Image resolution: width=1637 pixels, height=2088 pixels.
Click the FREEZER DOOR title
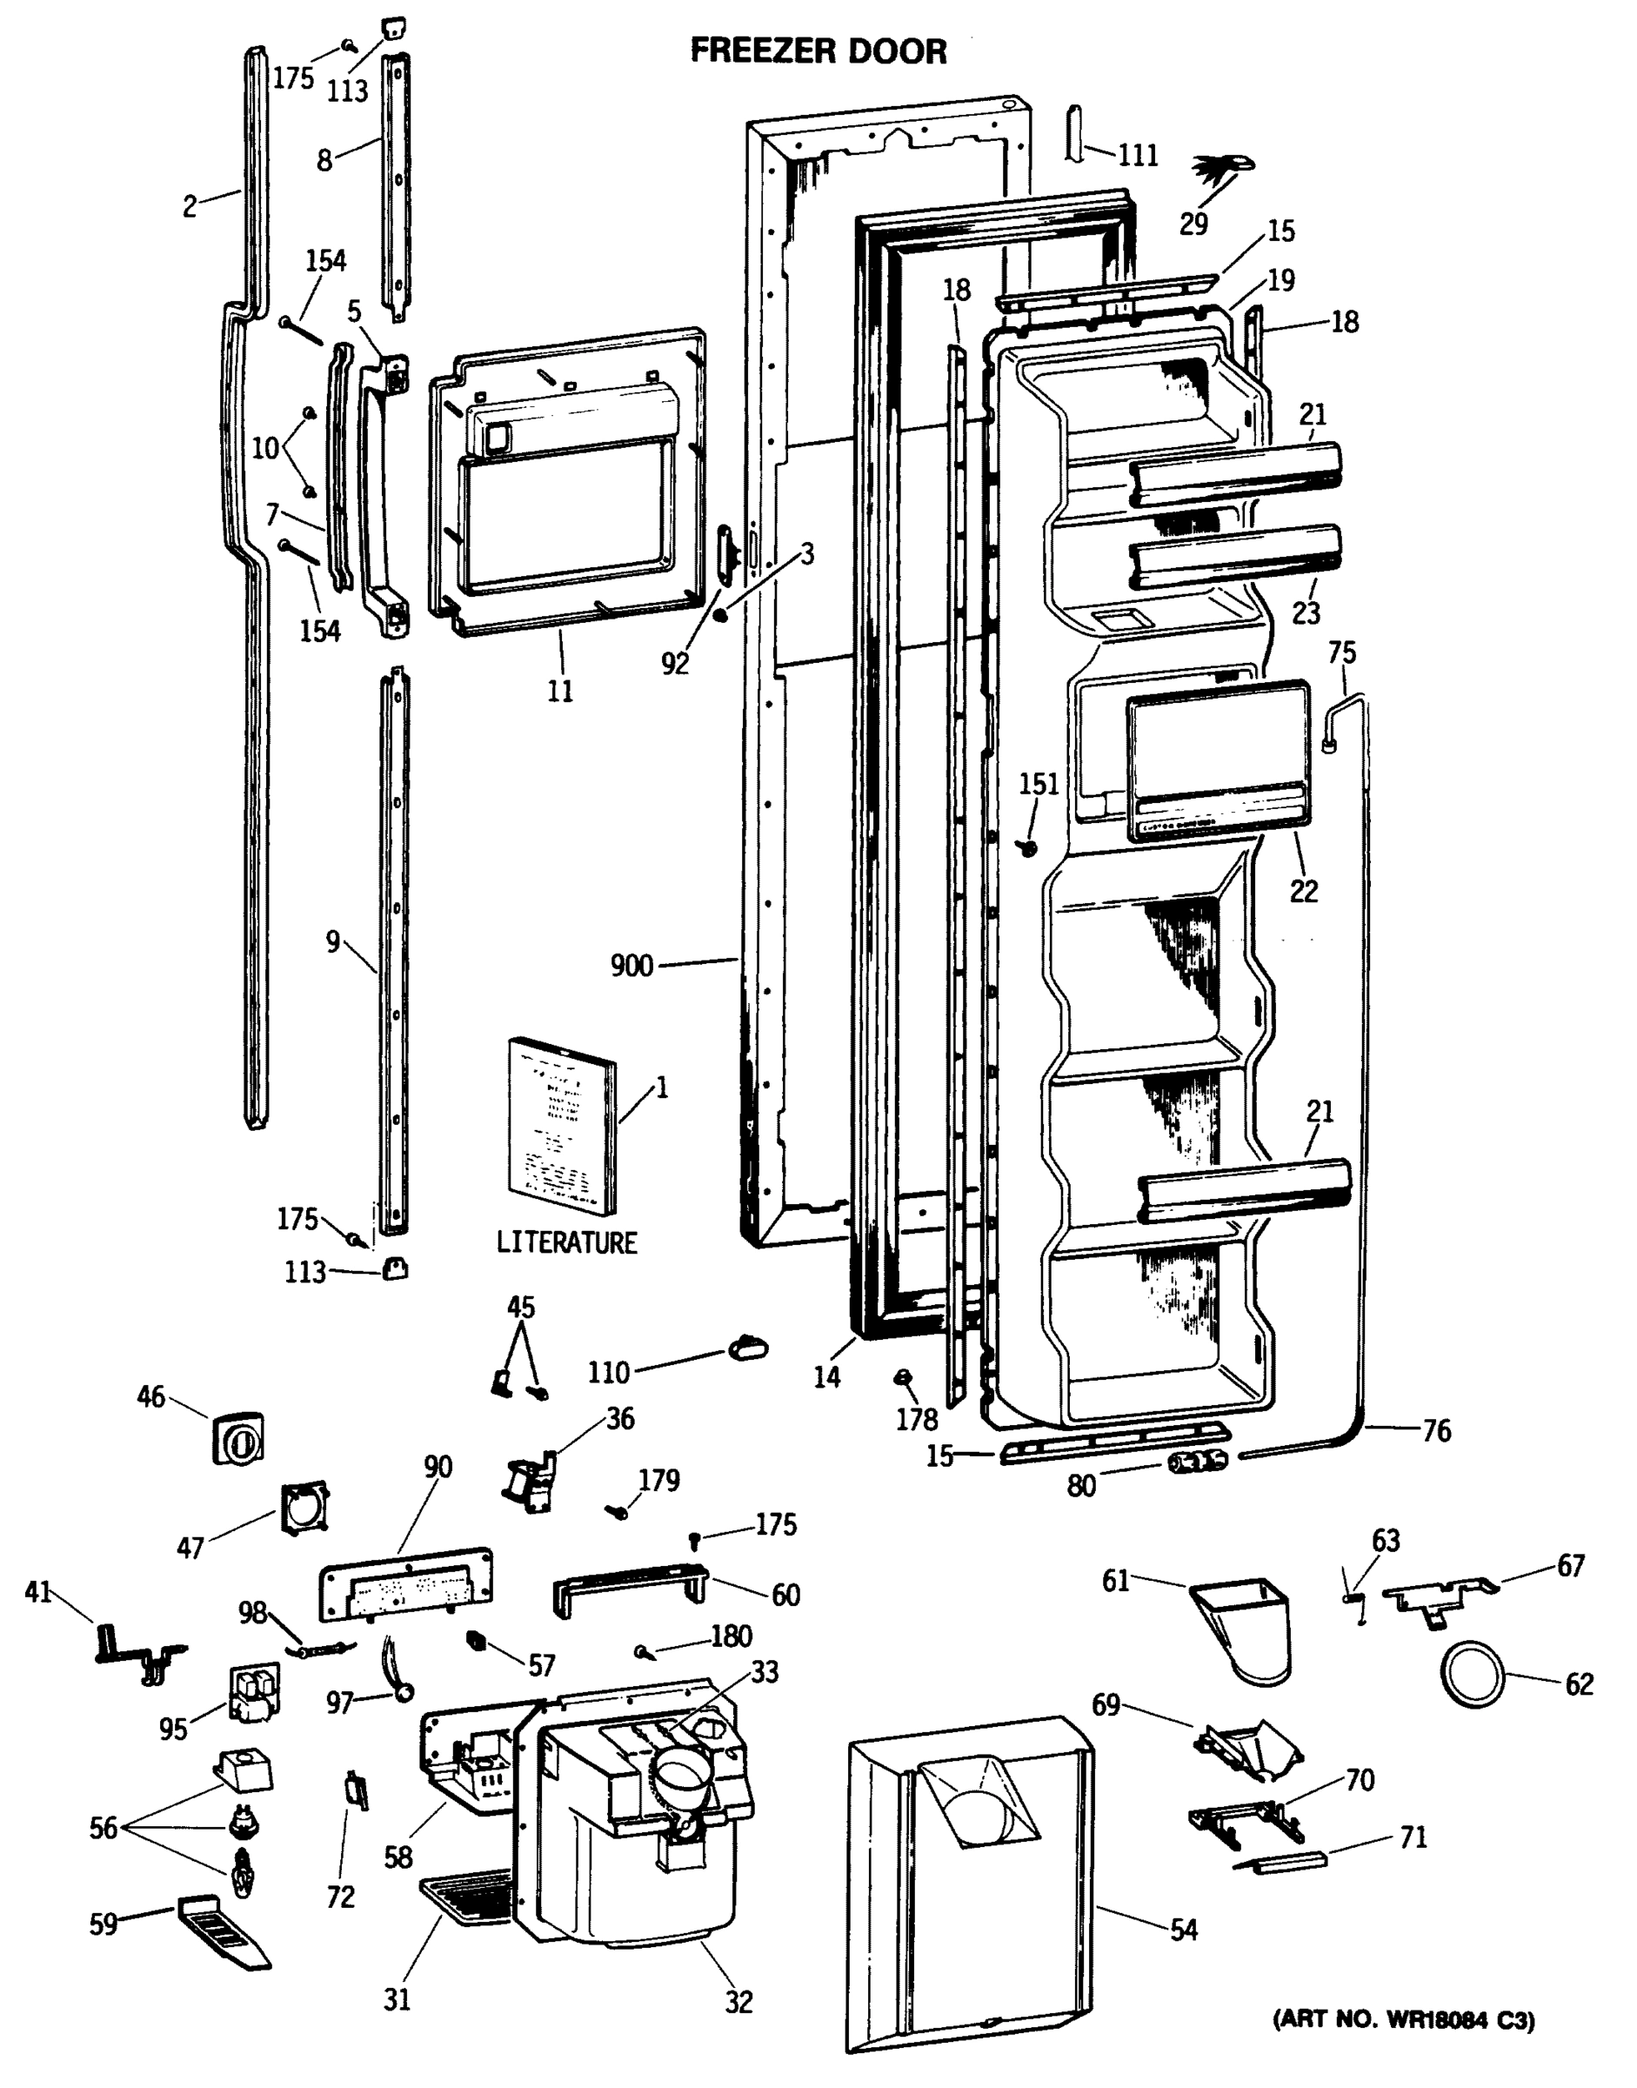click(x=818, y=50)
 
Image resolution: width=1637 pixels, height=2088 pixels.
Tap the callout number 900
click(x=631, y=966)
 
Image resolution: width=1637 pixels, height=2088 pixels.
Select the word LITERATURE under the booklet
click(x=566, y=1242)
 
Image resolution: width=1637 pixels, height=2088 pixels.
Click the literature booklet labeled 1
click(x=561, y=1128)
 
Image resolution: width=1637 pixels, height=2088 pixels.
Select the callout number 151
click(x=1038, y=784)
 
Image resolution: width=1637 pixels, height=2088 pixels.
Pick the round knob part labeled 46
click(x=237, y=1438)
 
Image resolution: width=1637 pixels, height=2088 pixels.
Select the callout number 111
click(x=1138, y=156)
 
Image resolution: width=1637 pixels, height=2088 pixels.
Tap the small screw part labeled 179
click(x=617, y=1512)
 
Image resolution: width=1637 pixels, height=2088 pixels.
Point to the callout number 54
click(x=1184, y=1930)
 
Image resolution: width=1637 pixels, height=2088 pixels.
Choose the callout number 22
click(x=1304, y=891)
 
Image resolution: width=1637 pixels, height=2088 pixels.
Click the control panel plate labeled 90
click(x=406, y=1583)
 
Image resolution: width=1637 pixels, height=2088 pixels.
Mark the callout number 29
click(x=1193, y=224)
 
